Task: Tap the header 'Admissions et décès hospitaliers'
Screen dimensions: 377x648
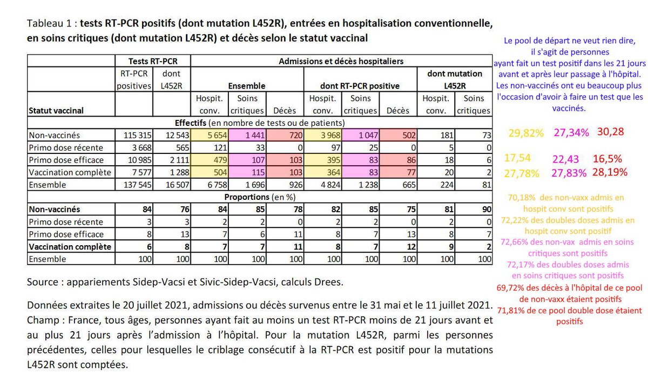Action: [x=341, y=61]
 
